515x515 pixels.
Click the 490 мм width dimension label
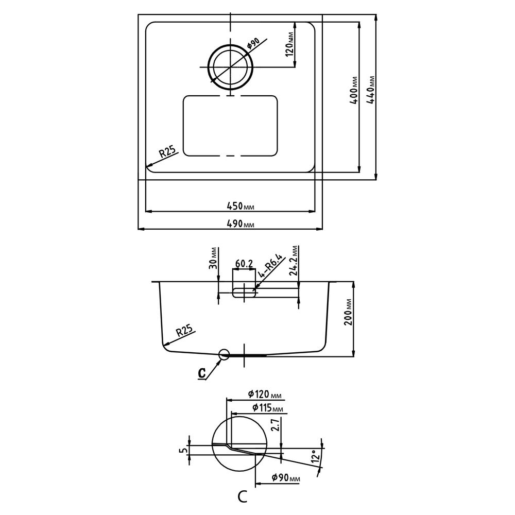pyautogui.click(x=241, y=224)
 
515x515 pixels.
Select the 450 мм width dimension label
pyautogui.click(x=241, y=207)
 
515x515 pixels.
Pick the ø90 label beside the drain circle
pyautogui.click(x=253, y=43)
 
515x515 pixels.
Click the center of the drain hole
pyautogui.click(x=230, y=67)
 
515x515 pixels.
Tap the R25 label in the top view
pyautogui.click(x=168, y=152)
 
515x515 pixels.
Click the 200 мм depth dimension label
pyautogui.click(x=348, y=312)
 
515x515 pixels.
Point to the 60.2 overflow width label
pyautogui.click(x=244, y=264)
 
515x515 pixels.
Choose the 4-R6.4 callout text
pyautogui.click(x=270, y=265)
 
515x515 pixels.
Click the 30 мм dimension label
pyautogui.click(x=214, y=258)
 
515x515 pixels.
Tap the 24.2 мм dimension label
pyautogui.click(x=294, y=260)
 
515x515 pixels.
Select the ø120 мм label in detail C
pyautogui.click(x=265, y=394)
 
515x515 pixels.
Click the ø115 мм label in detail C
pyautogui.click(x=268, y=408)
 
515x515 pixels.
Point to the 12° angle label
pyautogui.click(x=315, y=456)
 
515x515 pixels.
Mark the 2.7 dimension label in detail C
pyautogui.click(x=276, y=424)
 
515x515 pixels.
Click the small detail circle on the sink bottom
pyautogui.click(x=224, y=354)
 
